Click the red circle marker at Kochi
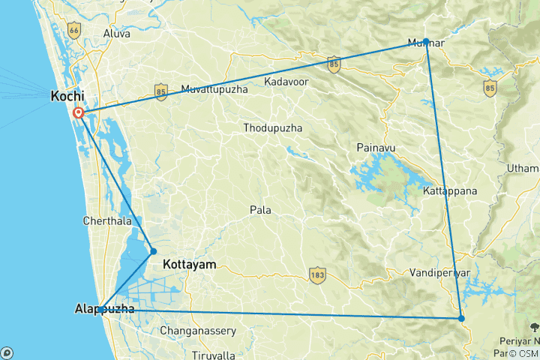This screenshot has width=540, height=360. pyautogui.click(x=78, y=113)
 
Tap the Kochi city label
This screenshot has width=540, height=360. pyautogui.click(x=67, y=96)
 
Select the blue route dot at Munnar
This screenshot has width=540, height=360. pyautogui.click(x=425, y=41)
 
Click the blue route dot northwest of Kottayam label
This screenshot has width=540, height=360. pyautogui.click(x=153, y=251)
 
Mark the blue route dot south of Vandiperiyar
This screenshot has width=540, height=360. pyautogui.click(x=461, y=319)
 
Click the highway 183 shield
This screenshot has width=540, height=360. pyautogui.click(x=316, y=277)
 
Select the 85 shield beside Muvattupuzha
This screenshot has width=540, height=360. pyautogui.click(x=161, y=91)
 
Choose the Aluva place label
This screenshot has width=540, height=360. pyautogui.click(x=116, y=34)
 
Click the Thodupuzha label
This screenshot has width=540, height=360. pyautogui.click(x=273, y=128)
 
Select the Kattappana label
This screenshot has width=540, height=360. pyautogui.click(x=450, y=191)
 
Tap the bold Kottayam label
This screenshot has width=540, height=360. pyautogui.click(x=189, y=265)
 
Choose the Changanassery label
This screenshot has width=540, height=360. pyautogui.click(x=198, y=331)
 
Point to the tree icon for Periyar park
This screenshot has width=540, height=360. pyautogui.click(x=533, y=326)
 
